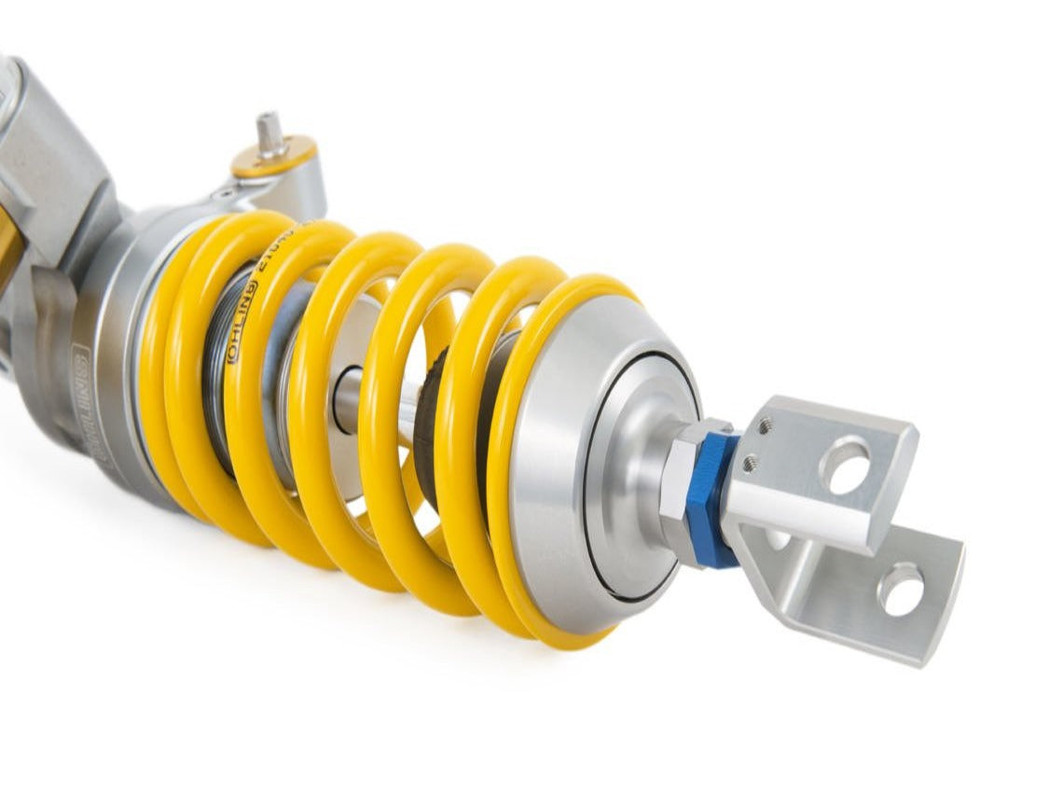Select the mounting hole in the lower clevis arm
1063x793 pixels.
point(901,590)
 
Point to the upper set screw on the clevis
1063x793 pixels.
point(765,426)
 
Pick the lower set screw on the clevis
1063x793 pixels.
point(749,462)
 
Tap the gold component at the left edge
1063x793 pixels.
point(9,252)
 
